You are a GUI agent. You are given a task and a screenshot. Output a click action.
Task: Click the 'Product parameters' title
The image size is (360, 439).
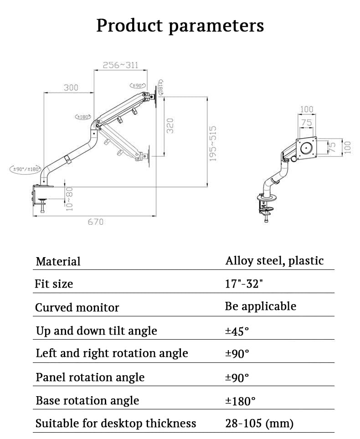pos(180,26)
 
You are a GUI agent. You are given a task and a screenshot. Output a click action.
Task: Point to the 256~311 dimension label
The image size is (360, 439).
pos(120,65)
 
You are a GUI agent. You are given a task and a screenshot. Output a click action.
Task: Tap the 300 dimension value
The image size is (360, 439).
pos(71,88)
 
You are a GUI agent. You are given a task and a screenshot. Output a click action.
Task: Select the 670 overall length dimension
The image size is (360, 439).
pos(96,222)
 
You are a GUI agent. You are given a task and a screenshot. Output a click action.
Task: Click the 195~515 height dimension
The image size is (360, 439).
pos(212,144)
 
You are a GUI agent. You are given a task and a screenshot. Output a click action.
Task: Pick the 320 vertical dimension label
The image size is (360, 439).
pos(170,125)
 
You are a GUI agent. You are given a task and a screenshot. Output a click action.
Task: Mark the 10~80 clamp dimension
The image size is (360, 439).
pos(68,198)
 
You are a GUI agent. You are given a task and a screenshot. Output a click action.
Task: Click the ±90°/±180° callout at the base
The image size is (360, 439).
pos(26,169)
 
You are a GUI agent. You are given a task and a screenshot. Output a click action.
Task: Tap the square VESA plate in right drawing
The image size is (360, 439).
pos(307,147)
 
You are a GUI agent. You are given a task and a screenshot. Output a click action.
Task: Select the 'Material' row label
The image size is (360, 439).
pos(58,261)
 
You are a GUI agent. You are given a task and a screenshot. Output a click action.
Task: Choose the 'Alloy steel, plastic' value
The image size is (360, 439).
pos(274,261)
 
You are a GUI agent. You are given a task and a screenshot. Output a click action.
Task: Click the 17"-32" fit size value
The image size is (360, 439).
pos(244,284)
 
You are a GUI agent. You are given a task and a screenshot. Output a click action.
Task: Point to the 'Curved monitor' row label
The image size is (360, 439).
pos(77,307)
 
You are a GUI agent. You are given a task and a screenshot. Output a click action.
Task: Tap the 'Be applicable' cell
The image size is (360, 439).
pos(260,306)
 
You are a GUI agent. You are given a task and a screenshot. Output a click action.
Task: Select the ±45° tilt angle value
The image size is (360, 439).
pos(237,331)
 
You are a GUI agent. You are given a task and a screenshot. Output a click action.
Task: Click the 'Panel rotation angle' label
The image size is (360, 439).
pos(90,377)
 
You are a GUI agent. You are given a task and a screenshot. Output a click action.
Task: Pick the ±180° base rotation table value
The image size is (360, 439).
pos(240,401)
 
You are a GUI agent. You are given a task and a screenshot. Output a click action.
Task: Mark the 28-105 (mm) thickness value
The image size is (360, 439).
pos(259,424)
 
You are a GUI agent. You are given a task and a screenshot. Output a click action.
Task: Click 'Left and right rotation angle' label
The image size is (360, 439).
pos(112,353)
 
